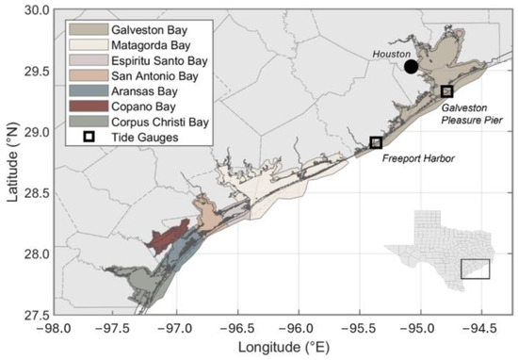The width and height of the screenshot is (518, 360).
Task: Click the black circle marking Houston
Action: tap(411, 66)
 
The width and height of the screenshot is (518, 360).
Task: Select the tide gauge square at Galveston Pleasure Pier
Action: tap(447, 91)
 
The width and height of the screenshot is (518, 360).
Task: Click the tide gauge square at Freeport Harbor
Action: tap(376, 142)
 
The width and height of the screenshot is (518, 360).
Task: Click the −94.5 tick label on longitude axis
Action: tap(481, 329)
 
